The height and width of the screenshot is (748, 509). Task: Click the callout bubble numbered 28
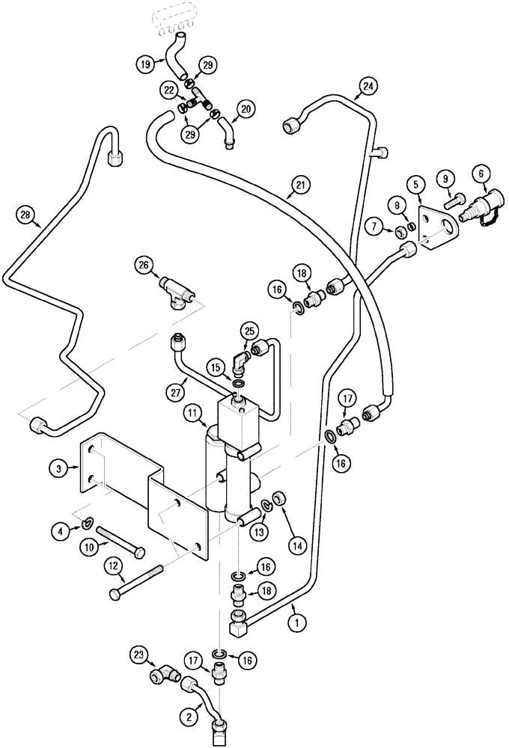click(x=28, y=216)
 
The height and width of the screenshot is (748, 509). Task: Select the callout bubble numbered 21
click(x=300, y=183)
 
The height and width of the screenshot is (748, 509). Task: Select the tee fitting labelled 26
click(x=177, y=290)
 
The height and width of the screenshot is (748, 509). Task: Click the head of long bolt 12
click(x=115, y=594)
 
